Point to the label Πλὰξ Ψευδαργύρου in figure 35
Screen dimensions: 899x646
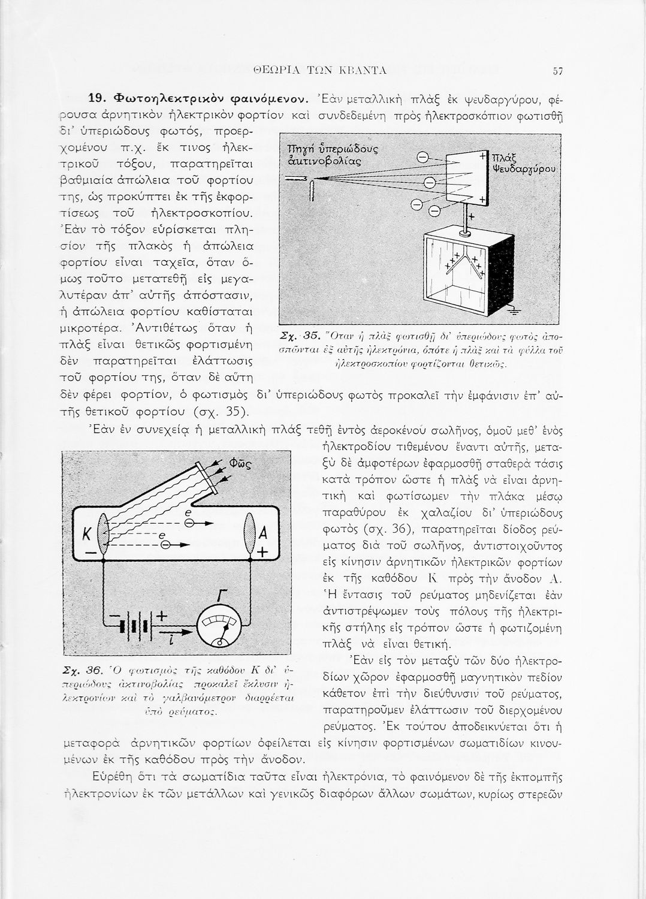523,162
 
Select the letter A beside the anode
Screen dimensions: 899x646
262,534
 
